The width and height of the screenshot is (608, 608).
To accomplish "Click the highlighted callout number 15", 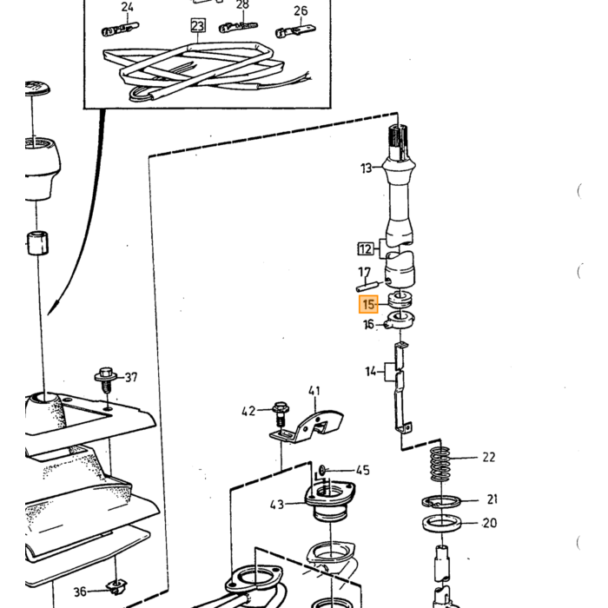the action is click(368, 304).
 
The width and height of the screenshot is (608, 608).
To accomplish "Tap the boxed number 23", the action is click(198, 25).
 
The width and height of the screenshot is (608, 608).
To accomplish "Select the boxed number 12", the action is click(366, 248).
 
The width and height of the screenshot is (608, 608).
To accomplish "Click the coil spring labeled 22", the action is click(440, 464).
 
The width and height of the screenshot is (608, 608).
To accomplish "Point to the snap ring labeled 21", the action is click(441, 501).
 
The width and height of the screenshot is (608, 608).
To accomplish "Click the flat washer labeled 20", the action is click(442, 524).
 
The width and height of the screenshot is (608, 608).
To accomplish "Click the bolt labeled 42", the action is click(280, 414).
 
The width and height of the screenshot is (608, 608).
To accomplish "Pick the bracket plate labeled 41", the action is click(307, 426).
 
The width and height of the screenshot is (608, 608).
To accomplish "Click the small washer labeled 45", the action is click(322, 471).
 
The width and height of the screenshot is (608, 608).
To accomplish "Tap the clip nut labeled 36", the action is click(116, 586).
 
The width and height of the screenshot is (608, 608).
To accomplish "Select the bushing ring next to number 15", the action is click(400, 300).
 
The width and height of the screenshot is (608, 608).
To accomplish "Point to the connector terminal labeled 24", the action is click(120, 29).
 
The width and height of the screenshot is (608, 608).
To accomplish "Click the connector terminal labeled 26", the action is click(295, 30).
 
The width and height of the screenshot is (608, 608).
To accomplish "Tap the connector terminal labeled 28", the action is click(238, 27).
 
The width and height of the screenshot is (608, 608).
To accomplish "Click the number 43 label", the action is click(277, 505).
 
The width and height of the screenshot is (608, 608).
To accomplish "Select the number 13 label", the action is click(366, 168).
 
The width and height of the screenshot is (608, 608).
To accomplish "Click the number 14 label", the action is click(371, 372).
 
